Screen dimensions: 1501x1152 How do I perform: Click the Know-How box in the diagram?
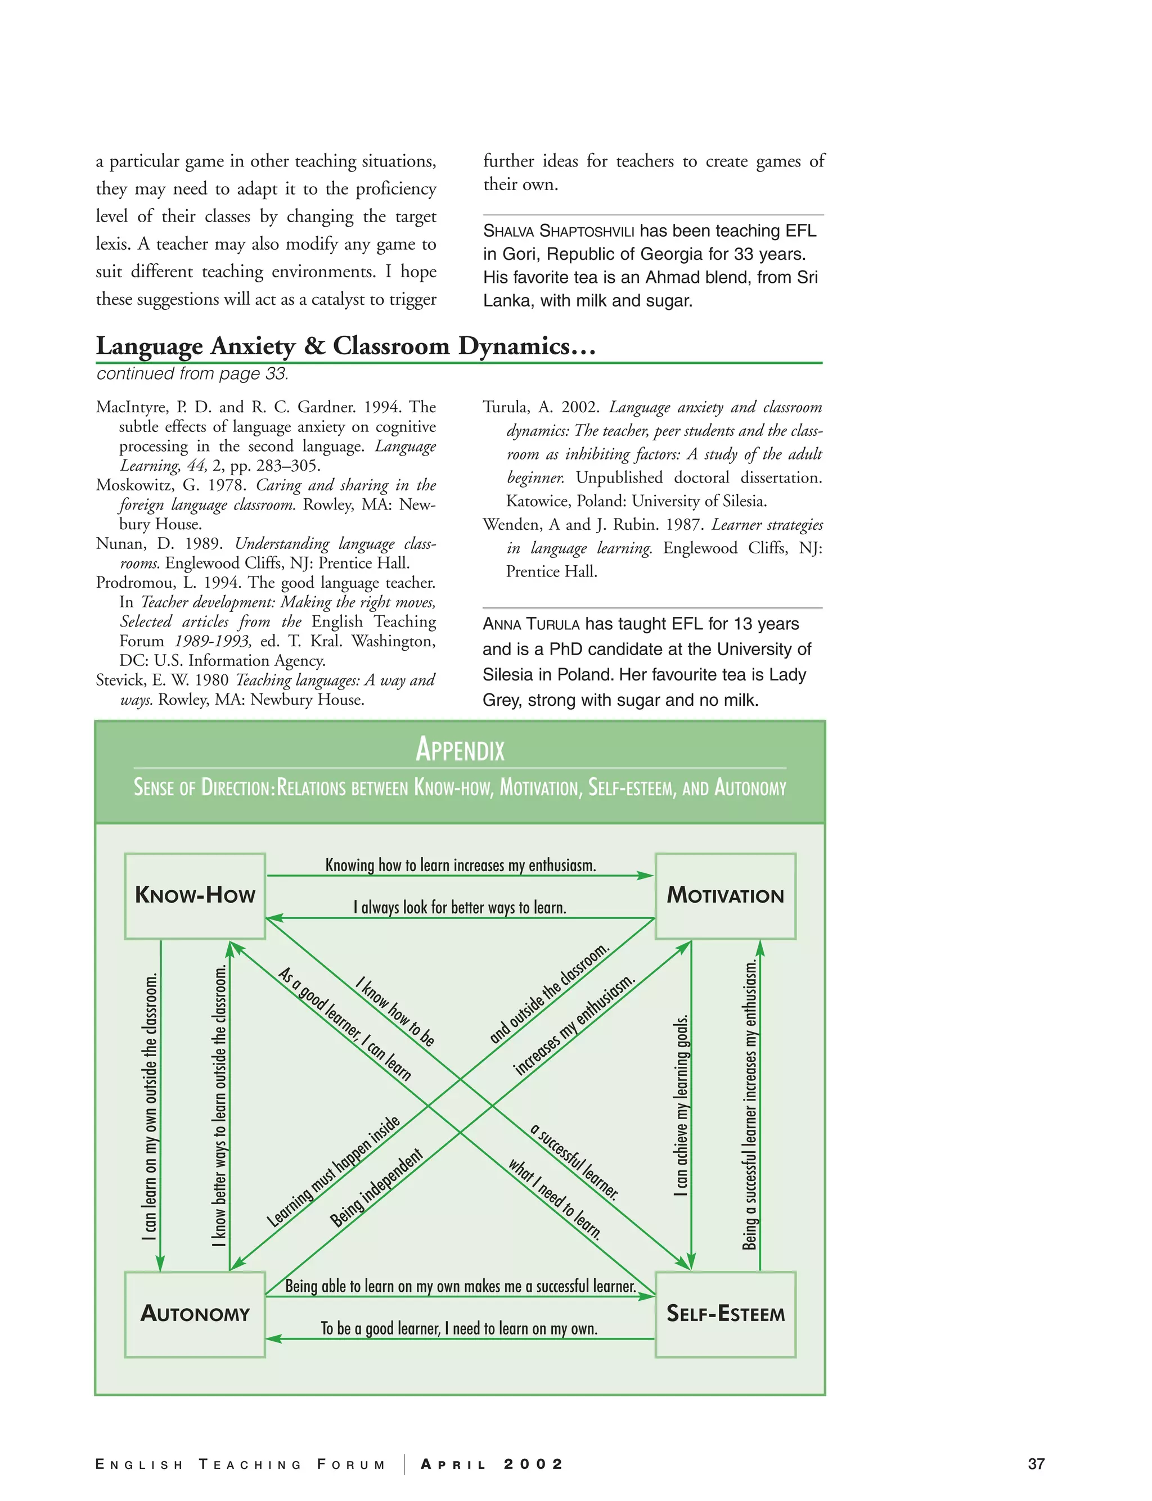[195, 895]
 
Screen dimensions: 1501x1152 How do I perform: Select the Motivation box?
[725, 895]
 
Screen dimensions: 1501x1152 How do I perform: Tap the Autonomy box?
[195, 1314]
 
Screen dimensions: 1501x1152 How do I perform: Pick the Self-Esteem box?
[725, 1314]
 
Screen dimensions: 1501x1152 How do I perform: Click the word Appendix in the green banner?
[460, 749]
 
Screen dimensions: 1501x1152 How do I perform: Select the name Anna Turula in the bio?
[531, 624]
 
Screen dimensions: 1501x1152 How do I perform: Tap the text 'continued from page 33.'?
[192, 373]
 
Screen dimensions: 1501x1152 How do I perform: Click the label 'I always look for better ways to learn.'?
[460, 908]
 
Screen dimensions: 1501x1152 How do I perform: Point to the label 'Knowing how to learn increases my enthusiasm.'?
[460, 865]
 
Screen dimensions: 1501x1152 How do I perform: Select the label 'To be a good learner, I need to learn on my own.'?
[459, 1328]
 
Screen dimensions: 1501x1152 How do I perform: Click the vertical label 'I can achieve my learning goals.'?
[681, 1105]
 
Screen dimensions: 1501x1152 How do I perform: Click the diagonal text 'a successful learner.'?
[575, 1162]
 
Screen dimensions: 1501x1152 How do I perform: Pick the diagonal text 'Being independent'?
[376, 1188]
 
